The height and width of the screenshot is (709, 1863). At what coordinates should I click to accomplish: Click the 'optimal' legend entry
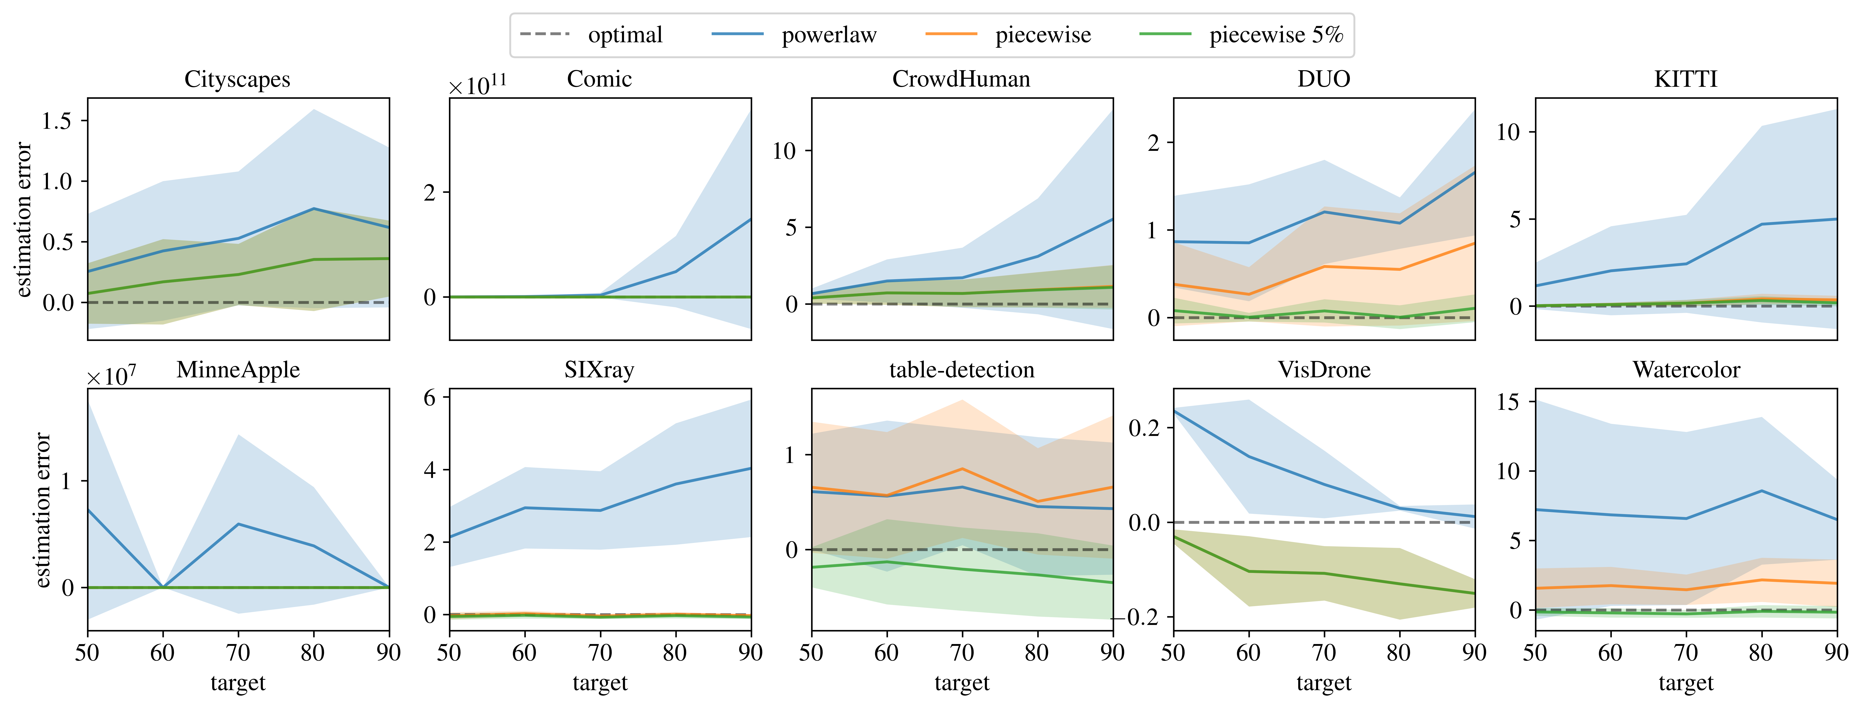[x=625, y=35]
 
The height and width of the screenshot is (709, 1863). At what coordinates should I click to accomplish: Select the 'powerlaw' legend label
[x=829, y=35]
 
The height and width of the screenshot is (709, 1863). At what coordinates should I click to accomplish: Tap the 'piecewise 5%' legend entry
[x=1276, y=35]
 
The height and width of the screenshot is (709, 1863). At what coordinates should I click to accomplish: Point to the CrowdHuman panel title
[x=961, y=79]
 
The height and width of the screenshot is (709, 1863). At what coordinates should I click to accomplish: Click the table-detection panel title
[x=961, y=370]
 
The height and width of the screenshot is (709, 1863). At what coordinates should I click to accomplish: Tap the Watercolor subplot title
[x=1686, y=370]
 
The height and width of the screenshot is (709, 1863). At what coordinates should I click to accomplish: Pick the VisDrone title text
[x=1324, y=370]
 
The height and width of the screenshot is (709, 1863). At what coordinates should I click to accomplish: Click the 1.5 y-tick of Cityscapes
[x=56, y=121]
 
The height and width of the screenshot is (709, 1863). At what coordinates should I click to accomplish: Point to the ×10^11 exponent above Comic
[x=477, y=85]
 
